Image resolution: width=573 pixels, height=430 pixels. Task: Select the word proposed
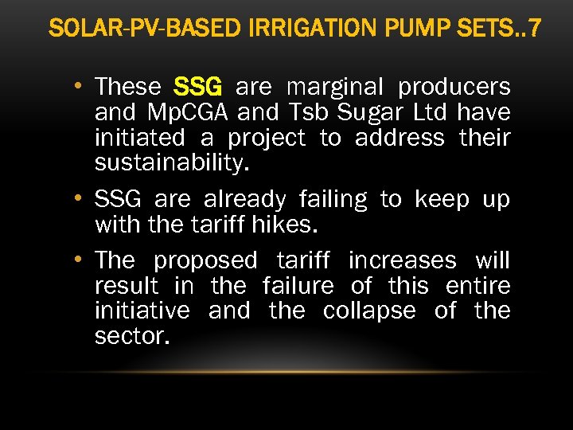pos(205,261)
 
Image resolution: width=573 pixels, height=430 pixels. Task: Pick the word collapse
pos(369,311)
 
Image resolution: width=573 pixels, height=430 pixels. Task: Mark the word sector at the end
pos(131,336)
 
